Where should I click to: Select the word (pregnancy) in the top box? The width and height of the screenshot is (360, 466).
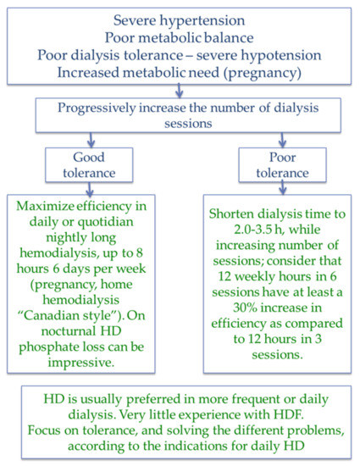(263, 73)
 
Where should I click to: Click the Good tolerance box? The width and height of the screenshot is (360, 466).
(89, 165)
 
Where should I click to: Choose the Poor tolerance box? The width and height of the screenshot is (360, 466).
(282, 165)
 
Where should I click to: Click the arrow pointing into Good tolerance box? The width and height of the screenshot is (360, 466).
(91, 140)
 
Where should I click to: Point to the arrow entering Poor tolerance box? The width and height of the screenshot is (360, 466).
(282, 140)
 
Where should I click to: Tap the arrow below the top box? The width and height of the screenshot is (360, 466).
(179, 91)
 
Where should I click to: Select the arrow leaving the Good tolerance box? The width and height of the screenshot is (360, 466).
(90, 189)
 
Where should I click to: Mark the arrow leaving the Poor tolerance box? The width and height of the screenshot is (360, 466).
(283, 188)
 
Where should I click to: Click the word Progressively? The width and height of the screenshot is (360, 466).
(97, 108)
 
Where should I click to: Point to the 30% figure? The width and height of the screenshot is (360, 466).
(245, 308)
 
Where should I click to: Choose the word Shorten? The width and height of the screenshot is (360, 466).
(232, 214)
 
